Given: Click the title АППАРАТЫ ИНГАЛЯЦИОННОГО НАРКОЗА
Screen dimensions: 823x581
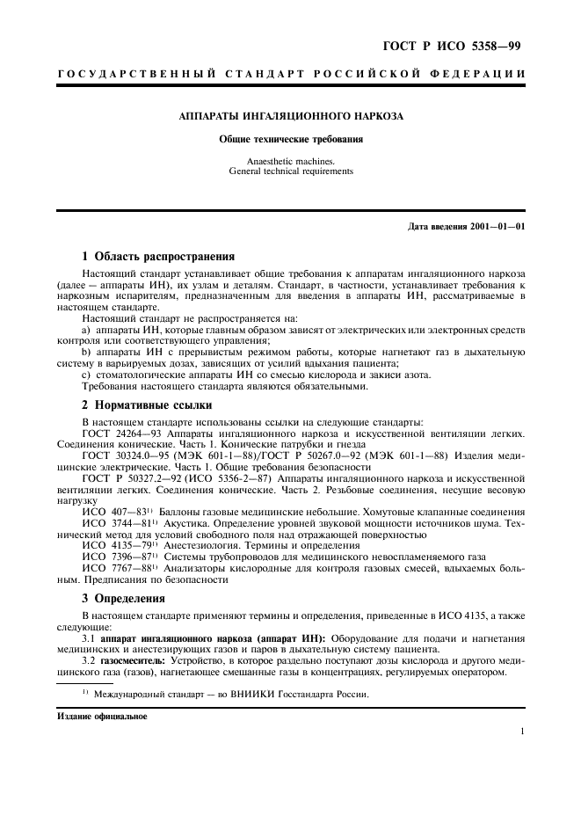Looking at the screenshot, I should point(290,116).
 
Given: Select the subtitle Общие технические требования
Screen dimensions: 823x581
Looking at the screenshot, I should point(290,139).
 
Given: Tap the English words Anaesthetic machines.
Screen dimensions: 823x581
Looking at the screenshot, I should point(290,161).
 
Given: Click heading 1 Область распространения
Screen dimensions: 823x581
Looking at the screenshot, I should point(158,257).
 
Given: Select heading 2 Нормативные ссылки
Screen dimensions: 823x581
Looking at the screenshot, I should point(147,406).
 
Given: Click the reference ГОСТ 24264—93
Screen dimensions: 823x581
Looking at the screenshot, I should point(121,433).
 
